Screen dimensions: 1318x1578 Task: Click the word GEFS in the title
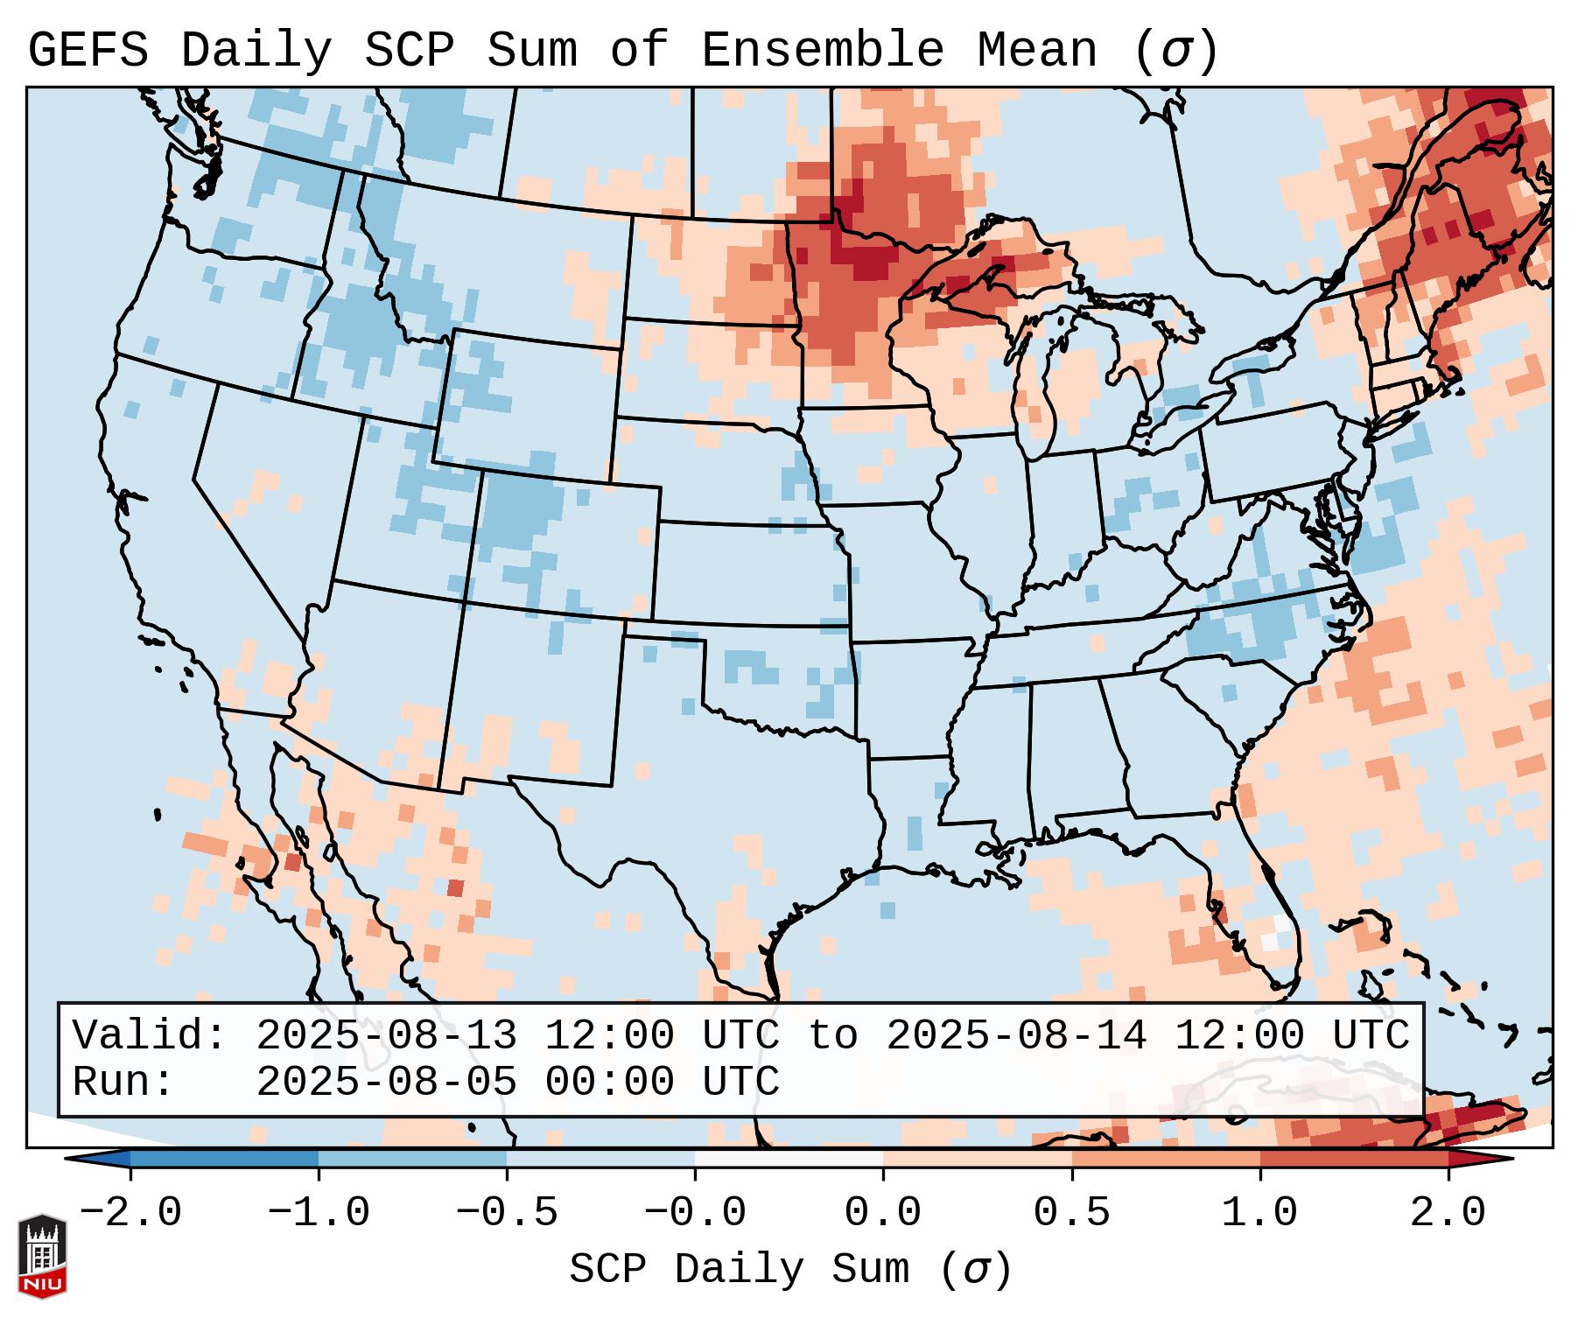[x=88, y=50]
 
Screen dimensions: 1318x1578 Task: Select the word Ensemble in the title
[x=823, y=50]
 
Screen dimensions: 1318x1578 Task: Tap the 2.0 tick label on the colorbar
[x=1448, y=1213]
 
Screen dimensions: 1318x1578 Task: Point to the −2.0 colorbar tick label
[x=130, y=1213]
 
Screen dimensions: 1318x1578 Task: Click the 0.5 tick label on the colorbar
[x=1071, y=1213]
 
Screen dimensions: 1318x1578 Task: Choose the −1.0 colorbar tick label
[x=319, y=1213]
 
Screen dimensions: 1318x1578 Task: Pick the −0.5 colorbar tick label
[x=507, y=1213]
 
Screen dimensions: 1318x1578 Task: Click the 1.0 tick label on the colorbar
[x=1259, y=1213]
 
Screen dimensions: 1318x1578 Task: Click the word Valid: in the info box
[x=150, y=1035]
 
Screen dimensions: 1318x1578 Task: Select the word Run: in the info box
[x=123, y=1082]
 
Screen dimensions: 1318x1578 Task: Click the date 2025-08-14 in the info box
[x=1016, y=1035]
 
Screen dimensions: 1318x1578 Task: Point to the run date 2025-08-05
[x=386, y=1082]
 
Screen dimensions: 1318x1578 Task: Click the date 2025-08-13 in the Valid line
[x=386, y=1035]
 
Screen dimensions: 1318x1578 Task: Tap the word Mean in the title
[x=1036, y=50]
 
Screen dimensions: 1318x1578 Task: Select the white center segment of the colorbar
[x=789, y=1159]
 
